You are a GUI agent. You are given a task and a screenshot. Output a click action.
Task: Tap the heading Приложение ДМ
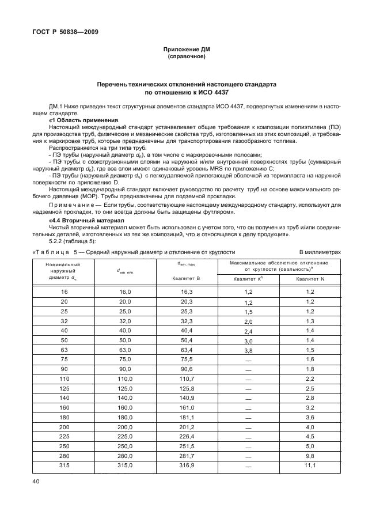[x=187, y=50]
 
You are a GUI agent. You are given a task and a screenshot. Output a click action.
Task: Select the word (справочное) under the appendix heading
[x=187, y=57]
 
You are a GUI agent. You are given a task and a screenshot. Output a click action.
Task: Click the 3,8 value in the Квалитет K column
[x=248, y=350]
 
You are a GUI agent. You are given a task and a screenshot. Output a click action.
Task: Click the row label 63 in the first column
[x=64, y=350]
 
